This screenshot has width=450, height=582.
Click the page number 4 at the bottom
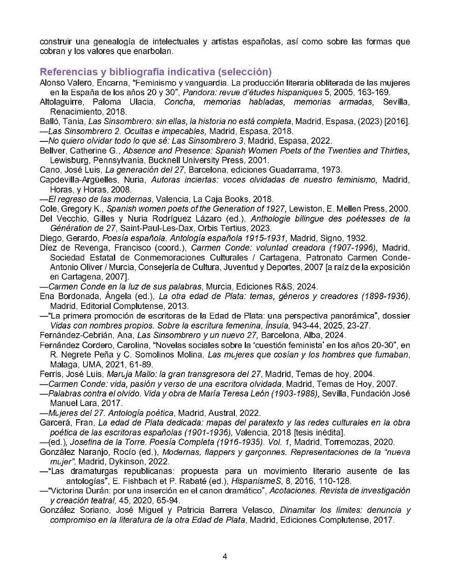click(225, 556)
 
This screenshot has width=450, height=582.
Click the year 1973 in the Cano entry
click(331, 170)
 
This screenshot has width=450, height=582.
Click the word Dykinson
click(125, 462)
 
